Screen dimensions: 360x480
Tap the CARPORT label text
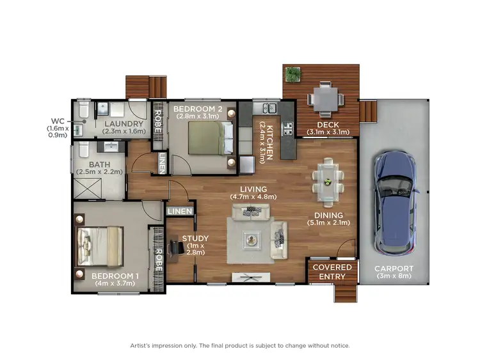394,269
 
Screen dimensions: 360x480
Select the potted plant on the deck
294,75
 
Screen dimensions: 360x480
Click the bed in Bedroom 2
209,137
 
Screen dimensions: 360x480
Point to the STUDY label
195,239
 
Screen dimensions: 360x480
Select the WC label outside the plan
58,120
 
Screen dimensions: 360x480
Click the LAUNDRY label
124,124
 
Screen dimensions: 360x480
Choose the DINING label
328,215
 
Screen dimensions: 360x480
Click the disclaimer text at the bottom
240,345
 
